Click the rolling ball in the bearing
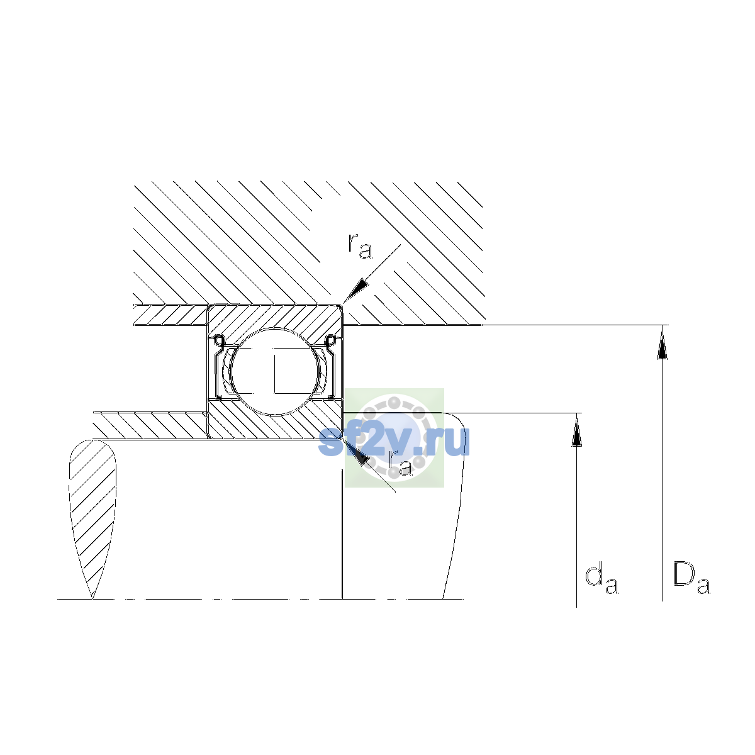276,371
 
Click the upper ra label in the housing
360,246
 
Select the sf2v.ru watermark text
394,441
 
